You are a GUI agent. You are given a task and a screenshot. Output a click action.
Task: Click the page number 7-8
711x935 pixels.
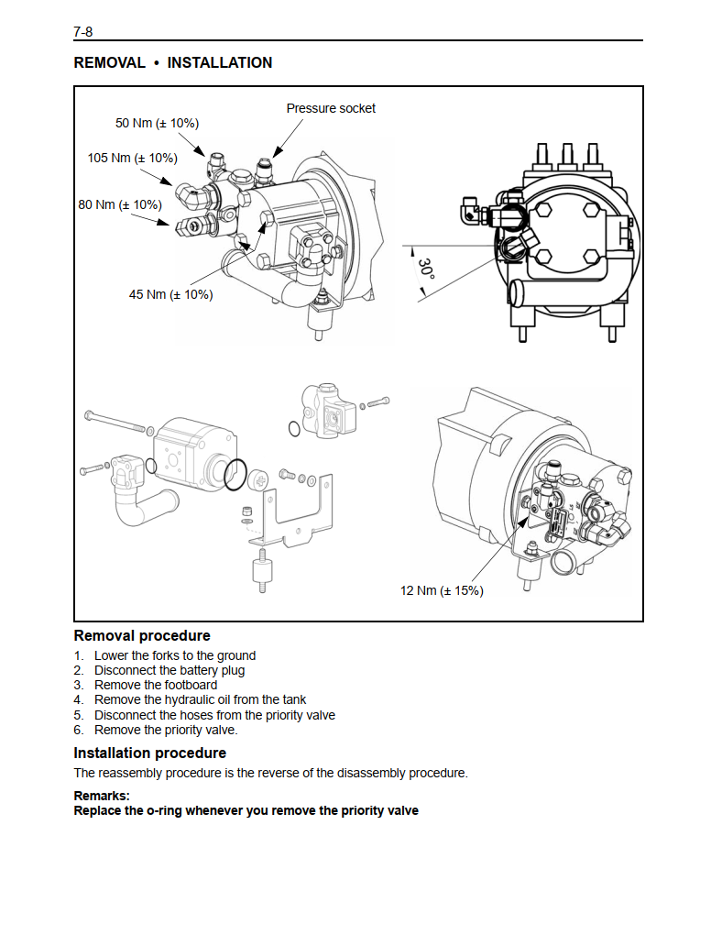[x=82, y=31]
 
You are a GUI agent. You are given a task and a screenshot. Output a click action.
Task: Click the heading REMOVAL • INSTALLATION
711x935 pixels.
[x=173, y=62]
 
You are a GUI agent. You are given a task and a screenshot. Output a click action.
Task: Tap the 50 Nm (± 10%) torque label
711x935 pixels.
[x=157, y=124]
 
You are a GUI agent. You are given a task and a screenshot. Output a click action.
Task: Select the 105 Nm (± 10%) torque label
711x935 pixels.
[x=132, y=158]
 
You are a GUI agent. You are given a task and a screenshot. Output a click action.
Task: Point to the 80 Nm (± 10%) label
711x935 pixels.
[x=120, y=204]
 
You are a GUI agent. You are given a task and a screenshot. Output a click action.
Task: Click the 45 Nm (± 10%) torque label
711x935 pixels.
[x=170, y=294]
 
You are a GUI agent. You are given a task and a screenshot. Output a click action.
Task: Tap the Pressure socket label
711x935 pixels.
[x=331, y=108]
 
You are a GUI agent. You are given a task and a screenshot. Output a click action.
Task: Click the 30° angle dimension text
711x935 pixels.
[x=426, y=269]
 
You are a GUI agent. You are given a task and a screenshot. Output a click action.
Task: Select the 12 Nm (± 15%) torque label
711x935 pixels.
[x=442, y=590]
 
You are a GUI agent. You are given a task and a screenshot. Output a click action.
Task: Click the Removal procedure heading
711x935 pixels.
[x=142, y=635]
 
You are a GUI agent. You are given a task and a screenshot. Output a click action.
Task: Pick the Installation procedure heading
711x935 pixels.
[x=149, y=753]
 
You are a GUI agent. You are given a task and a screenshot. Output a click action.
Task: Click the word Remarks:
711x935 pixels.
[x=102, y=796]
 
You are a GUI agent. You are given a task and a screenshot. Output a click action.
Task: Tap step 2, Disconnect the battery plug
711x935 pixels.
[x=170, y=670]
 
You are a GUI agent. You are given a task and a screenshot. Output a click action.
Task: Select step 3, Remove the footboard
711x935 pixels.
[x=156, y=685]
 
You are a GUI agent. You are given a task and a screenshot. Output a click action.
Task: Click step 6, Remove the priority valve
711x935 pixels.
[x=166, y=730]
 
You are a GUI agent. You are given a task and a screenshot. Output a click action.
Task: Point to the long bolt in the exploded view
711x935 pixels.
[x=115, y=421]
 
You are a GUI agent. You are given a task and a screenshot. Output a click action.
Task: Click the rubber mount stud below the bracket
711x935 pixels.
[x=260, y=571]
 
